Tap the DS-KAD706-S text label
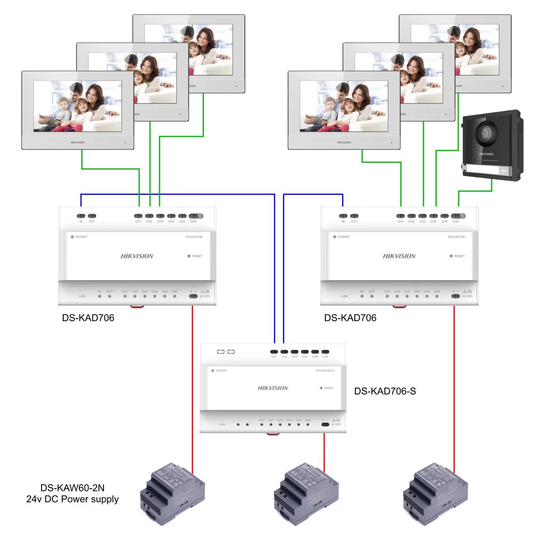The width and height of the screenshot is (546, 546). click(385, 391)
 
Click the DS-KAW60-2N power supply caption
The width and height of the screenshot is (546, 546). click(73, 494)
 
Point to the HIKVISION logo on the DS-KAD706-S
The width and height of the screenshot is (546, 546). click(273, 388)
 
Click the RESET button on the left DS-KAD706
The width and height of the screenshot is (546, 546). click(189, 256)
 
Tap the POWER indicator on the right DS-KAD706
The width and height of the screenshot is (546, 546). click(335, 237)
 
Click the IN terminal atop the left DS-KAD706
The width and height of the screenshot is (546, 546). click(81, 216)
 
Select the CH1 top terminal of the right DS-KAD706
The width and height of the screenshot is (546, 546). click(400, 216)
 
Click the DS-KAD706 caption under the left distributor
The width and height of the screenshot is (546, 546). click(88, 318)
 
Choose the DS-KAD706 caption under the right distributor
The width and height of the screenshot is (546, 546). click(350, 318)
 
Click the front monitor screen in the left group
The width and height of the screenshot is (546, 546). click(78, 106)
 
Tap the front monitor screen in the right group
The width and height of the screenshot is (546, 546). click(344, 106)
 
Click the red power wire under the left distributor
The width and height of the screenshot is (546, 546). click(193, 384)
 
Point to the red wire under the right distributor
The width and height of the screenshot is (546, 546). click(454, 384)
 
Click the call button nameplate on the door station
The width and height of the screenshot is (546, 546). click(487, 170)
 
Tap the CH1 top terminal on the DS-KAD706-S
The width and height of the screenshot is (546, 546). click(274, 352)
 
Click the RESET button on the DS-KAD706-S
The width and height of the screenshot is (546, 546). click(321, 388)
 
